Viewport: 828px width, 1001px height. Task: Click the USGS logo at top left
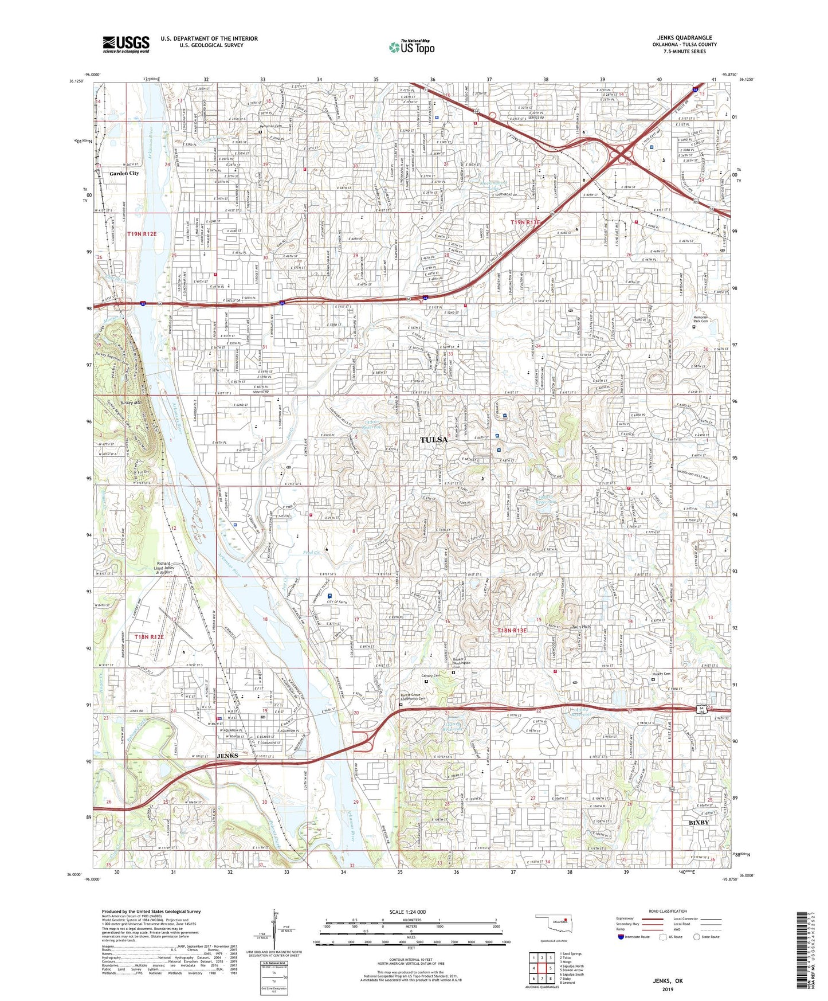pyautogui.click(x=126, y=44)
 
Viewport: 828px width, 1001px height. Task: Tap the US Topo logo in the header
pyautogui.click(x=411, y=47)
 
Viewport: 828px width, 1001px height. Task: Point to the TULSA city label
pyautogui.click(x=434, y=440)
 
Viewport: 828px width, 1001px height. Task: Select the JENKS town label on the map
pyautogui.click(x=227, y=756)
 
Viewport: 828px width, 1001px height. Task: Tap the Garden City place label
pyautogui.click(x=124, y=173)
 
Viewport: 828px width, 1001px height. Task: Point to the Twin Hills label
pyautogui.click(x=582, y=627)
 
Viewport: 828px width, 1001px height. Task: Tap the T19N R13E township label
pyautogui.click(x=526, y=222)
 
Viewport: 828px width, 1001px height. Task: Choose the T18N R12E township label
pyautogui.click(x=149, y=637)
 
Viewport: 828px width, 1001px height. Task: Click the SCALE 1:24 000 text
pyautogui.click(x=409, y=912)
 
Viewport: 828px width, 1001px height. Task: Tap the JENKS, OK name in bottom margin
pyautogui.click(x=668, y=981)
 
